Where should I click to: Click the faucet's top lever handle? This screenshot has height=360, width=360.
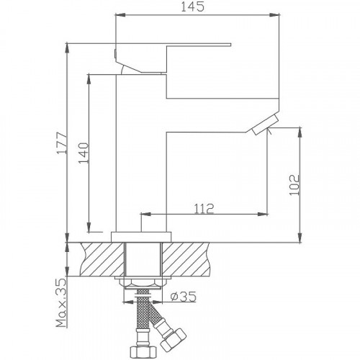pos(173,45)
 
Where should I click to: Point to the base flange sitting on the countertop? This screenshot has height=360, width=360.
pos(143,236)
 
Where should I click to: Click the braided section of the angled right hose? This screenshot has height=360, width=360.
pos(156,319)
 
